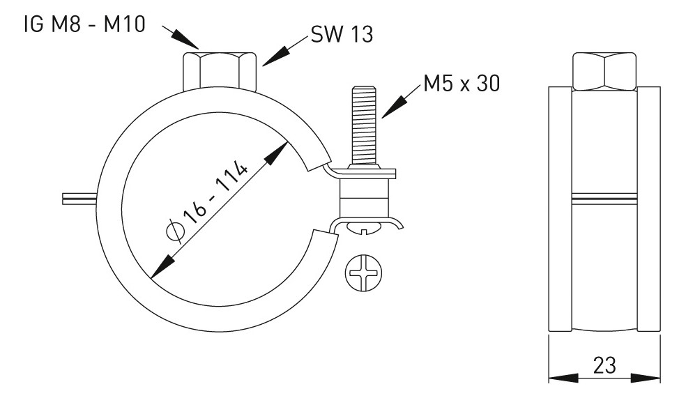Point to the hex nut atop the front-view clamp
(x=218, y=70)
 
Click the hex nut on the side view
(x=603, y=70)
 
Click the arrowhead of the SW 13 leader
(x=271, y=59)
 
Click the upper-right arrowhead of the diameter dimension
(x=282, y=150)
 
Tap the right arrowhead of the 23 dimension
(x=652, y=379)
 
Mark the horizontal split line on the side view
(x=604, y=197)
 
